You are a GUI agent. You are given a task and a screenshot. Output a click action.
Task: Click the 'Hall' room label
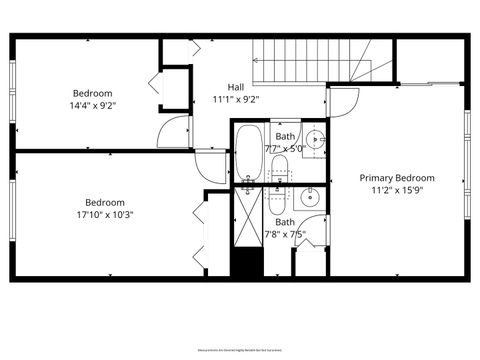tap(236, 87)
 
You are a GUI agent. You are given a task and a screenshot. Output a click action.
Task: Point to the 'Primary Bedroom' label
tap(398, 177)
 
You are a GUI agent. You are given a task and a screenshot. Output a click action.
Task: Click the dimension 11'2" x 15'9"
tap(398, 190)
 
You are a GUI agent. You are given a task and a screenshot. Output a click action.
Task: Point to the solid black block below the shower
tap(246, 262)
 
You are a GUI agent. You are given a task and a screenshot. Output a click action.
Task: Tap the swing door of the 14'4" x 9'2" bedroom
tap(176, 128)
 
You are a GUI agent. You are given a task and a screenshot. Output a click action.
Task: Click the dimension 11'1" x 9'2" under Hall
tap(236, 99)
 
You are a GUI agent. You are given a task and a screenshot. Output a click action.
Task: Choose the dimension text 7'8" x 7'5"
tap(285, 236)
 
